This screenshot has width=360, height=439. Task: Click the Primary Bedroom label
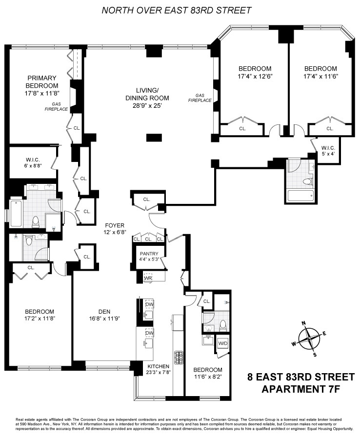[x=42, y=81]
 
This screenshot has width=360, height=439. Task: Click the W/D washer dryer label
[x=223, y=342]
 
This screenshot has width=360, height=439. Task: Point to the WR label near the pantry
[x=149, y=278]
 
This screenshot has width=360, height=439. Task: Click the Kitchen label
[x=158, y=366]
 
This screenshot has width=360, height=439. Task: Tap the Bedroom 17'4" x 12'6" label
[x=255, y=72]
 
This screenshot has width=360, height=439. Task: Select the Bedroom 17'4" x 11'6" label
[x=320, y=72]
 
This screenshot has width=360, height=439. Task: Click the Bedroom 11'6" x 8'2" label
[x=207, y=373]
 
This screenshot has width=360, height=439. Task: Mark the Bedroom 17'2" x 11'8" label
[x=40, y=315]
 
